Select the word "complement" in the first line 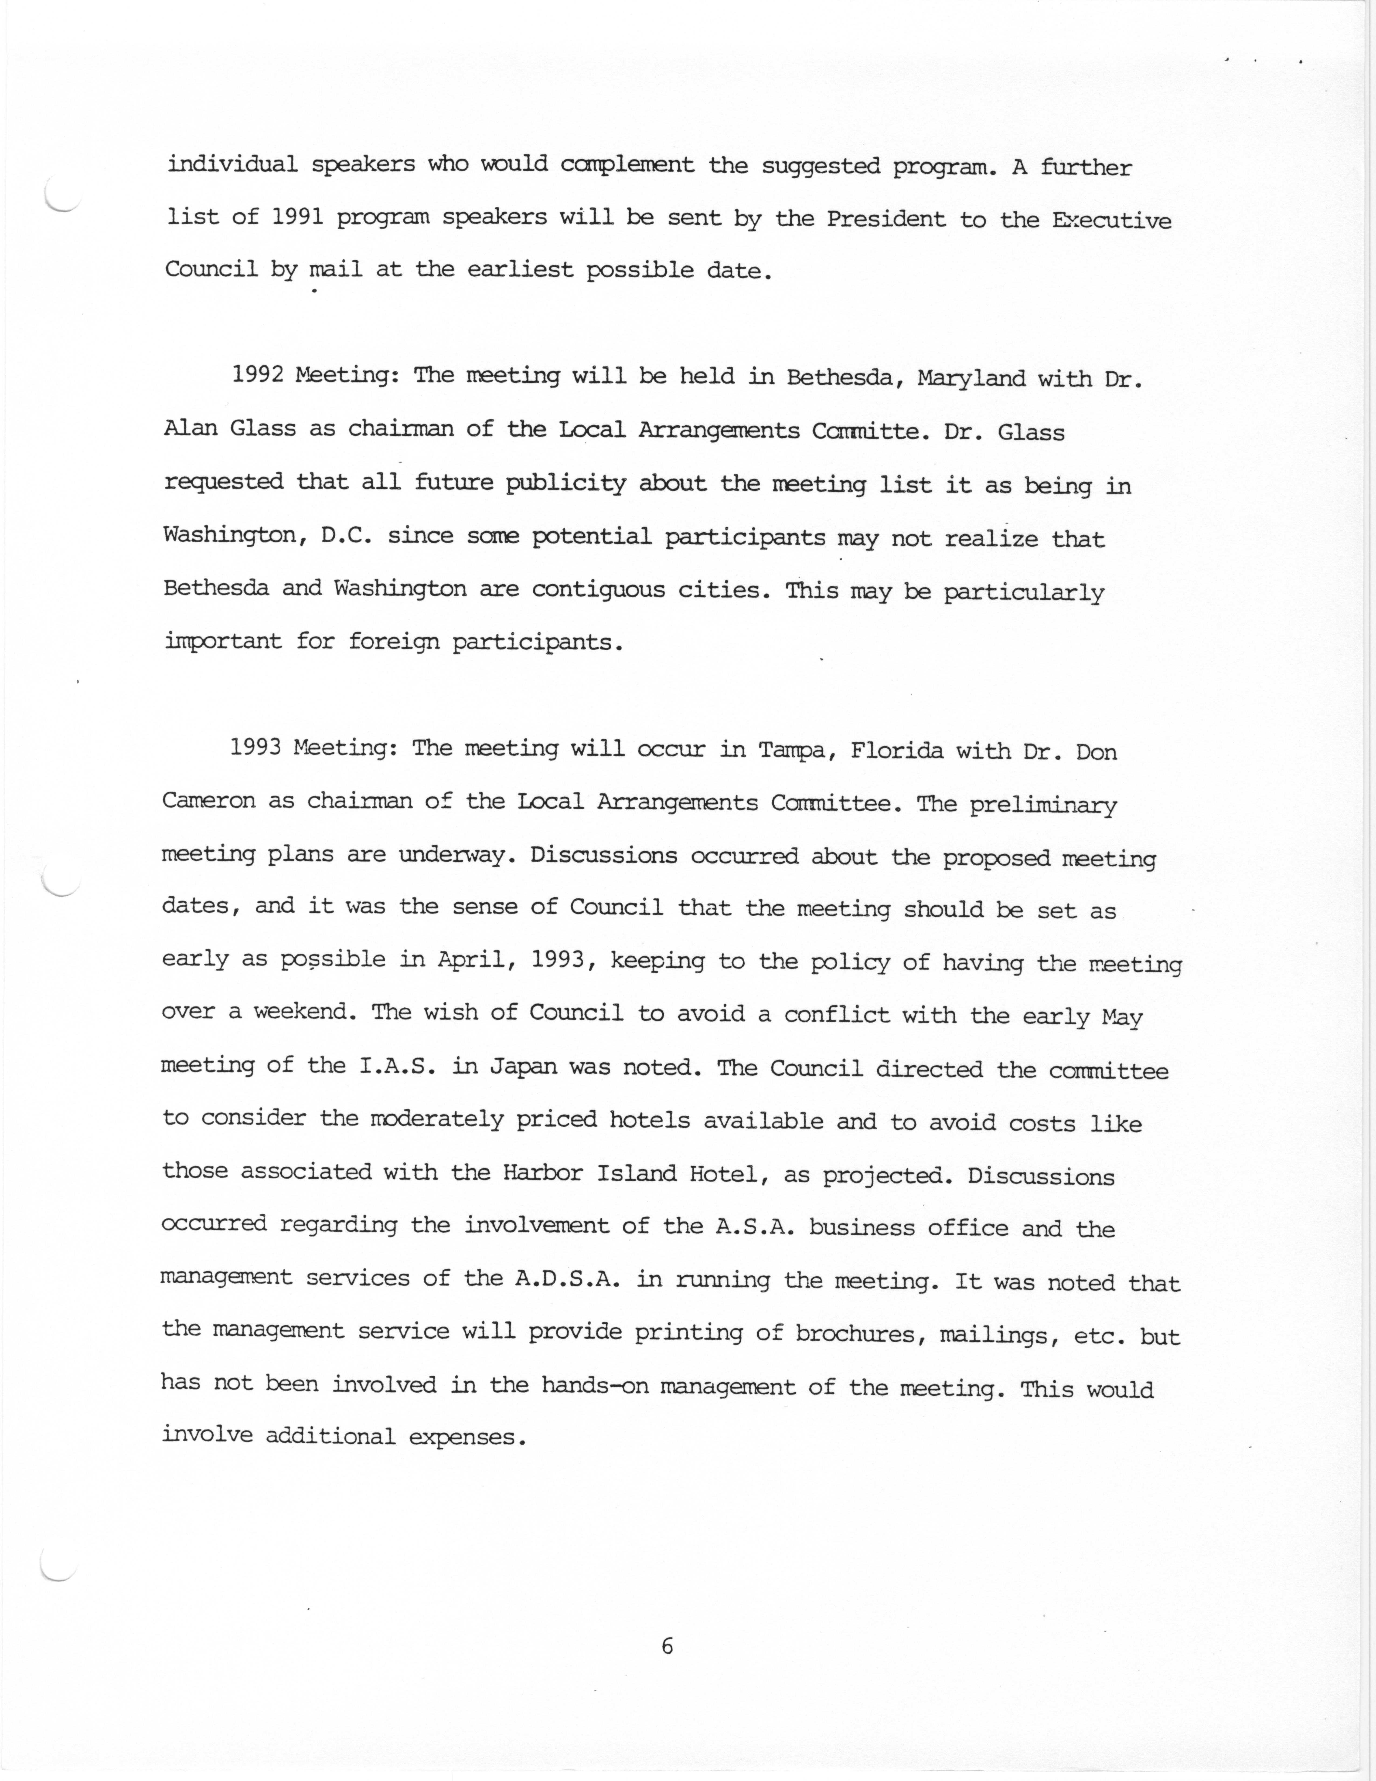tap(628, 165)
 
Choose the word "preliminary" tap(1043, 806)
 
